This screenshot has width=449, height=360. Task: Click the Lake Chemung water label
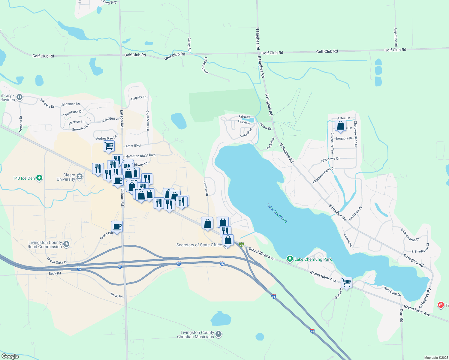coord(277,213)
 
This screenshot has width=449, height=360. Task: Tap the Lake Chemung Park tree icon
coord(290,259)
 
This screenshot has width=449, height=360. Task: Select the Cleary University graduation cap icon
coord(79,176)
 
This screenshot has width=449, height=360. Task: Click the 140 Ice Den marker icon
coord(39,178)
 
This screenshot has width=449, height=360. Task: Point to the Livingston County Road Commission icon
coord(66,244)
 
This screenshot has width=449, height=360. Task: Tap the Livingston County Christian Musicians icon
coord(218,334)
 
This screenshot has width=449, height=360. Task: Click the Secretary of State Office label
coord(199,245)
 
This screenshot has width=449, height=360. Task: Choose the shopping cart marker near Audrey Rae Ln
coord(109,146)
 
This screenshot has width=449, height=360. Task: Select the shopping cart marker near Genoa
coord(346,282)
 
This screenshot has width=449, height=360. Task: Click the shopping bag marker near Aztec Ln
coord(340,125)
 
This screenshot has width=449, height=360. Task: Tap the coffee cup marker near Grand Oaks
coord(117,226)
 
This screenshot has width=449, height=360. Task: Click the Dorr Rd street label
coord(402,316)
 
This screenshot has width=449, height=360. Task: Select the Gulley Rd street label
coord(189,44)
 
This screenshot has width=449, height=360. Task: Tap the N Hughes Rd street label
coord(258,38)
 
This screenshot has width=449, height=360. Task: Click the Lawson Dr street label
coord(206,188)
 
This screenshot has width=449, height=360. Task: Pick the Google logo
coord(10,356)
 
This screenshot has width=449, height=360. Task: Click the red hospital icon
coord(441,305)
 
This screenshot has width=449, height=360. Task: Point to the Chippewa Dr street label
coord(330,160)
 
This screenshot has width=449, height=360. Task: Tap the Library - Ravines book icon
coord(20,97)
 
